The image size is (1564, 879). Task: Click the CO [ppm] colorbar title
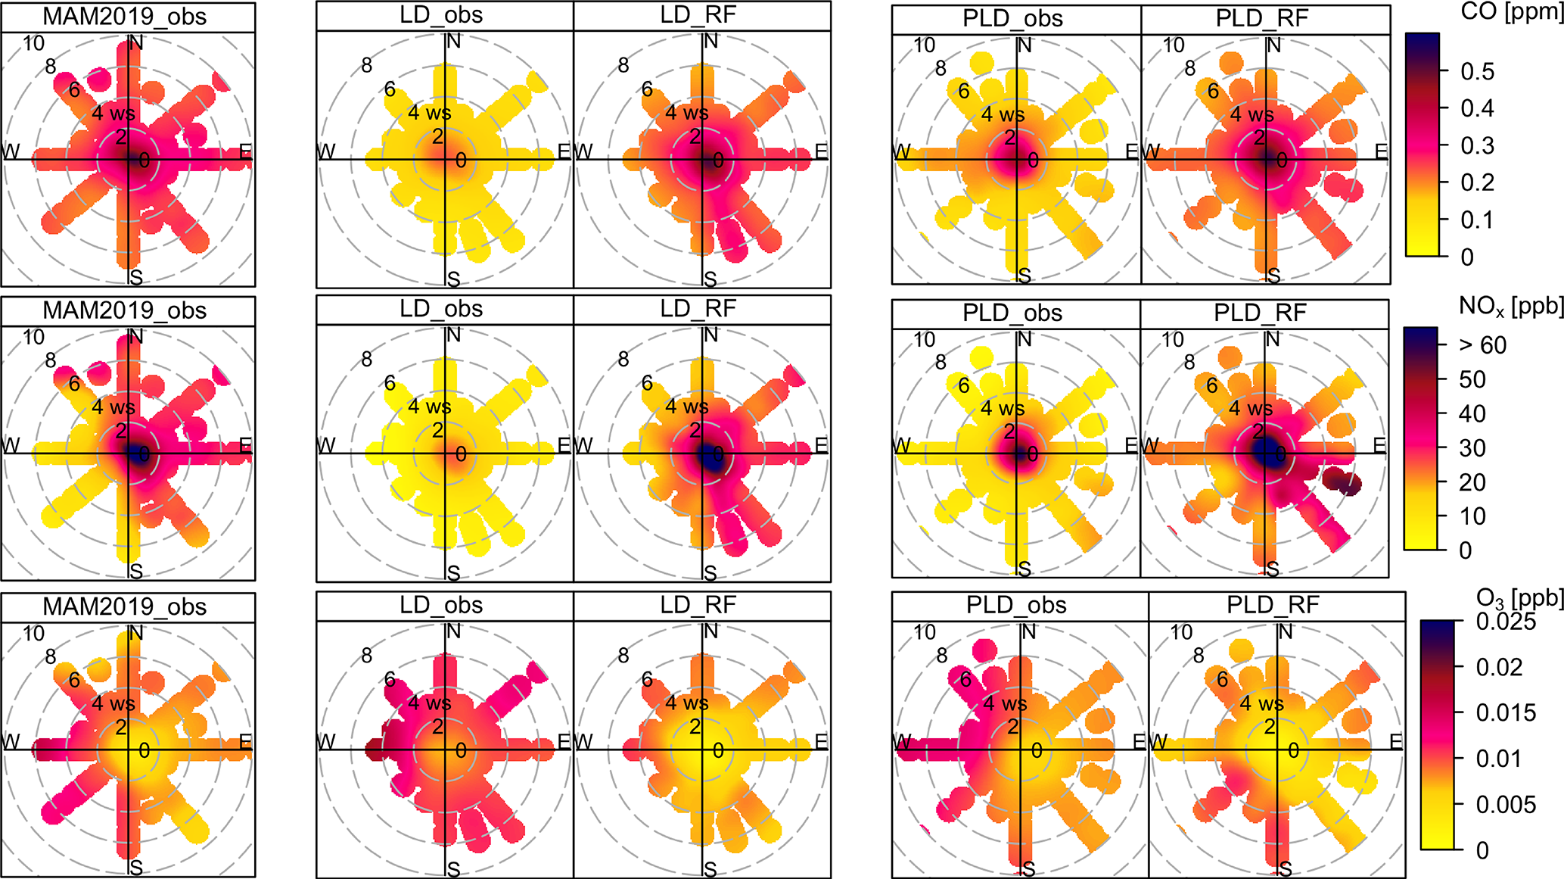coord(1512,14)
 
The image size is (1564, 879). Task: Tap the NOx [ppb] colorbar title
coord(1510,307)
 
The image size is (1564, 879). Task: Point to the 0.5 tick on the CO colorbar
coord(1477,71)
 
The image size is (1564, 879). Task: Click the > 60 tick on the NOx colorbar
coord(1482,345)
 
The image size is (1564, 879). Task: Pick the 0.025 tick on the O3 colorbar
coord(1506,622)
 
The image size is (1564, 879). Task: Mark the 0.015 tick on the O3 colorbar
coord(1506,713)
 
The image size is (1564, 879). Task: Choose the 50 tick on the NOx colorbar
coord(1472,379)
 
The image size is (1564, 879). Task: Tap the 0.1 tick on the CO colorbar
coord(1477,220)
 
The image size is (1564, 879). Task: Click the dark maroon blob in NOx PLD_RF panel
coord(1342,481)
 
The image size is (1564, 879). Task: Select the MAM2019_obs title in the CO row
coord(125,17)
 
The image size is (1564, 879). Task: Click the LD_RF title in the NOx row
coord(698,309)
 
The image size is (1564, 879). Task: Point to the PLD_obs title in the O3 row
coord(1016,606)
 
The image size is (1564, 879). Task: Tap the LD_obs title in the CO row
coord(441,15)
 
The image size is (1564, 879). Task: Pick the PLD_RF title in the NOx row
coord(1260,313)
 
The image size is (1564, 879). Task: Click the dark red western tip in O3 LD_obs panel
coord(375,750)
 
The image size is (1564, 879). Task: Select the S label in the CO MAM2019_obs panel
coord(135,277)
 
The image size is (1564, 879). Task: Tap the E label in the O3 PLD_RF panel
coord(1396,741)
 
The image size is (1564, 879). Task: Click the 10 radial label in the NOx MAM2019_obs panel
coord(33,337)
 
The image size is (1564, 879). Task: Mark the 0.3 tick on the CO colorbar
coord(1477,145)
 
